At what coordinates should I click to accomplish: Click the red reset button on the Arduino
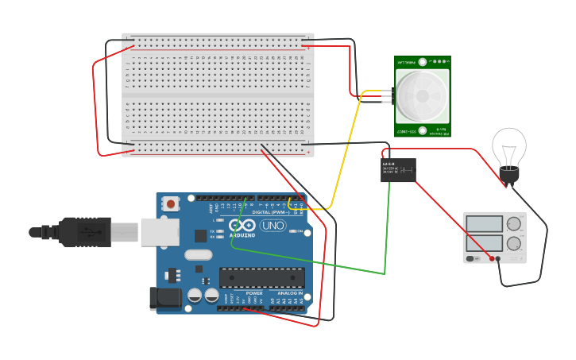(171, 204)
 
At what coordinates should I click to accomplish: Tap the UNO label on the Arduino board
(273, 226)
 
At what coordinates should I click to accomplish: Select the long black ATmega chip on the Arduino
(261, 277)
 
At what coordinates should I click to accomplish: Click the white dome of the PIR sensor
(421, 97)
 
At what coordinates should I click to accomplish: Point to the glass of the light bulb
(508, 146)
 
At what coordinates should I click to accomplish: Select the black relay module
(398, 169)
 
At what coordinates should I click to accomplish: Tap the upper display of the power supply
(484, 224)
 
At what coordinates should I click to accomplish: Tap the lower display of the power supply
(484, 243)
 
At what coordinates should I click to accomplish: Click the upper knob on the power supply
(514, 224)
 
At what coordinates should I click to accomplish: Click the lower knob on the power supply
(514, 243)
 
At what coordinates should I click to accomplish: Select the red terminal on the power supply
(492, 258)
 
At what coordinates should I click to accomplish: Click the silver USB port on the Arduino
(159, 232)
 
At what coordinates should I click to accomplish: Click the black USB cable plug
(83, 232)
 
